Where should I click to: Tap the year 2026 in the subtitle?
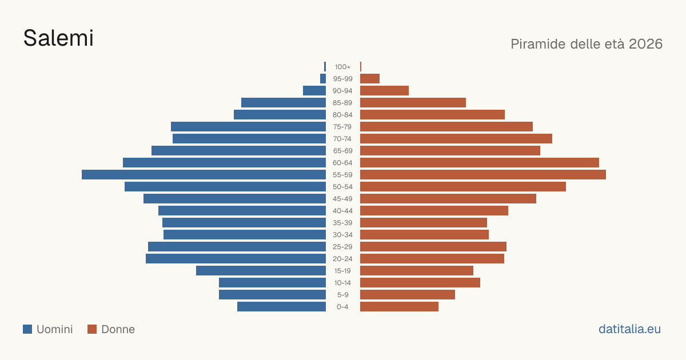(x=645, y=44)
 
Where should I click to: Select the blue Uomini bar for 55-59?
(x=204, y=174)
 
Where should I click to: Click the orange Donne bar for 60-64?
(x=480, y=162)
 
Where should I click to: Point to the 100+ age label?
(x=342, y=67)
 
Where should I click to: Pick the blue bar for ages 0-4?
(x=281, y=306)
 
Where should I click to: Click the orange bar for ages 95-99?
(x=370, y=79)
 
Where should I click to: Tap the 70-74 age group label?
(x=342, y=139)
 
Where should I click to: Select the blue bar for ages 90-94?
(x=314, y=91)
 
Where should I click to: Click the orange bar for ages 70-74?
(x=456, y=139)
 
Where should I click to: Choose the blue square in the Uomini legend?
(x=27, y=329)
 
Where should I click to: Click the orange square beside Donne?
(x=92, y=329)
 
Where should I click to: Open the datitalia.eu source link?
(x=629, y=329)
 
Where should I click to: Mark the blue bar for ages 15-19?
(x=261, y=271)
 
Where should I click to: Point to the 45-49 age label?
(x=342, y=199)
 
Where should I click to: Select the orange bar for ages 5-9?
(x=408, y=294)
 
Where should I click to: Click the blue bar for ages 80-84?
(x=280, y=114)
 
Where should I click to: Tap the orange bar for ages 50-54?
(x=463, y=187)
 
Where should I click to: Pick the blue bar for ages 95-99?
(x=323, y=79)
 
